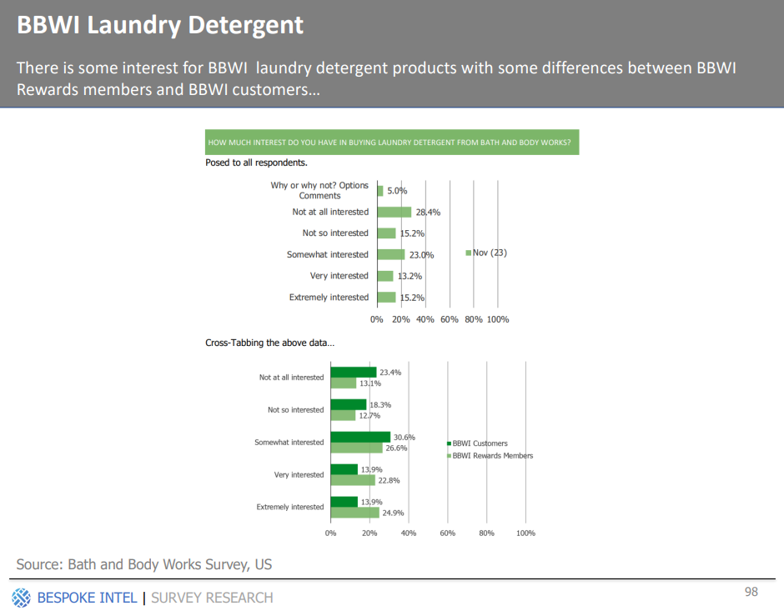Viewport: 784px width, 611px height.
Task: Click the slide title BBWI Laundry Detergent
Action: (160, 25)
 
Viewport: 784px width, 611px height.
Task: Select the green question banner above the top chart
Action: (392, 143)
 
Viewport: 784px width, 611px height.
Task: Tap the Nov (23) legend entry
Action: (486, 253)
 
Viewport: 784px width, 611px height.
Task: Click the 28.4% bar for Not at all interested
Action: (395, 212)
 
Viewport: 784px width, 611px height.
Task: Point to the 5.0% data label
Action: (397, 191)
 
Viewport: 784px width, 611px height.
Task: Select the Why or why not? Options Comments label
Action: (319, 190)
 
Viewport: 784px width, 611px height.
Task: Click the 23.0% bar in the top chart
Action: (391, 254)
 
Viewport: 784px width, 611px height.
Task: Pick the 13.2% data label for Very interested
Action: (410, 276)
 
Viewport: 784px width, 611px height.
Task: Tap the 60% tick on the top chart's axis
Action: (449, 319)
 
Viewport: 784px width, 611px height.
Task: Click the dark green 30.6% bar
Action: (360, 437)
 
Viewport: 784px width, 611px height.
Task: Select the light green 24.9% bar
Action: (355, 513)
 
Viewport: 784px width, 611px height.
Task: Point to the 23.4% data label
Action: (390, 373)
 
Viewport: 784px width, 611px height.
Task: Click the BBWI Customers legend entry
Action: (477, 443)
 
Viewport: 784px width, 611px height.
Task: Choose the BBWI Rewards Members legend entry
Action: (490, 456)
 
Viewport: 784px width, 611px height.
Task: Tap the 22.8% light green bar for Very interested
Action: (353, 480)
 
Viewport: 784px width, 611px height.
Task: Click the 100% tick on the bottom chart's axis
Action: (525, 533)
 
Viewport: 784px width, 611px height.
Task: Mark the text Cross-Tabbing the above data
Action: (269, 343)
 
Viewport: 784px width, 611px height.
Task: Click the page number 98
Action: (751, 592)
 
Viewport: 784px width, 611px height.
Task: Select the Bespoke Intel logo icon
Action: (21, 598)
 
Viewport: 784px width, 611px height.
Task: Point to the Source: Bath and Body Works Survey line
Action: (144, 564)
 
